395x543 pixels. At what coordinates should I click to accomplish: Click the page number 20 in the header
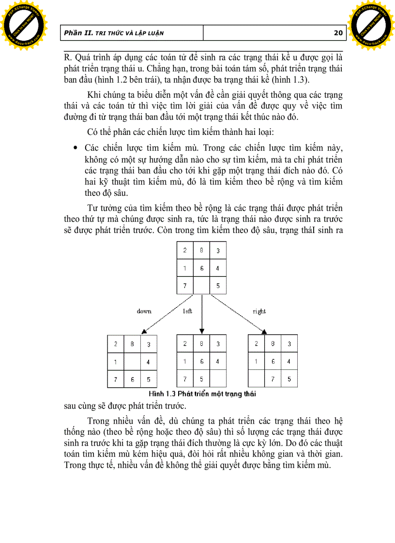(338, 33)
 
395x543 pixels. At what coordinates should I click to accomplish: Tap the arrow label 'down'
(144, 311)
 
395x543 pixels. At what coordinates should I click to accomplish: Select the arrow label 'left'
(187, 311)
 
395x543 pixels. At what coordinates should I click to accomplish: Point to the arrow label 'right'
(259, 311)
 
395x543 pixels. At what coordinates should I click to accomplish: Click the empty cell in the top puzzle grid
(201, 285)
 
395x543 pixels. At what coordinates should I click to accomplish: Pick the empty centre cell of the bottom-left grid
(132, 361)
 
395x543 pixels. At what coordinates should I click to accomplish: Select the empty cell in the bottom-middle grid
(218, 379)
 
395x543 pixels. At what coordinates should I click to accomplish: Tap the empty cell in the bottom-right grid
(257, 379)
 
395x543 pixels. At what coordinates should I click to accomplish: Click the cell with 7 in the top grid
(184, 285)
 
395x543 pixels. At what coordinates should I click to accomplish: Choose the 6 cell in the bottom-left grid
(132, 379)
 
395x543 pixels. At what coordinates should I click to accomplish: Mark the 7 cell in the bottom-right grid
(273, 379)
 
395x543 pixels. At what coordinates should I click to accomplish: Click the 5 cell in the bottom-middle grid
(201, 379)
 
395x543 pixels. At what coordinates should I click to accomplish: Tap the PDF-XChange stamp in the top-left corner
(23, 23)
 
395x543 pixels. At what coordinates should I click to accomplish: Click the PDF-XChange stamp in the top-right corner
(371, 23)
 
